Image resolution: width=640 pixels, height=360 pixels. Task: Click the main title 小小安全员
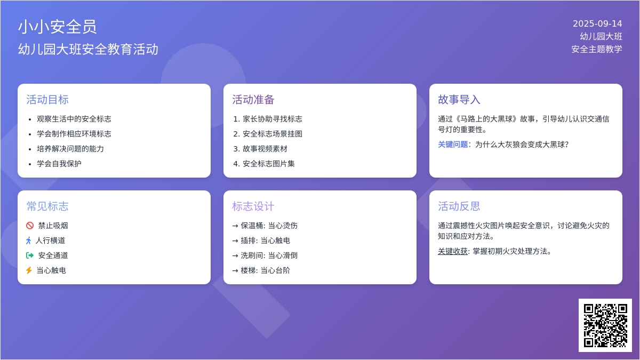[58, 27]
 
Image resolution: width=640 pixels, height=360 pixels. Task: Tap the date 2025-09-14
[597, 23]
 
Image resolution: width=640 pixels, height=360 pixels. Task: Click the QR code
[605, 325]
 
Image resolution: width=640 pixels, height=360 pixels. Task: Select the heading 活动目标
[47, 100]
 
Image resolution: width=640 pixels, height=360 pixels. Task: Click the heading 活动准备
[253, 100]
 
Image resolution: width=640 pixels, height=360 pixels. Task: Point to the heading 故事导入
[459, 100]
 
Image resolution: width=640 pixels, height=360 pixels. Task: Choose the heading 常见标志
[47, 206]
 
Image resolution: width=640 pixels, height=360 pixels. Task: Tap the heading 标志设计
[253, 206]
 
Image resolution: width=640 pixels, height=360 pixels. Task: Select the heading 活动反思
[459, 206]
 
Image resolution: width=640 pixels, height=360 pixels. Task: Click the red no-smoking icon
[30, 226]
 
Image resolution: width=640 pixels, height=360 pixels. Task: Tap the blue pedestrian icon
[29, 241]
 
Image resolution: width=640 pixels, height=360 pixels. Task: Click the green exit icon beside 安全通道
[30, 255]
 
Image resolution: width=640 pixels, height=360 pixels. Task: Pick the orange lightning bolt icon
[29, 270]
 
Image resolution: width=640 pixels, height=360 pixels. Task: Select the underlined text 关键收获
[453, 251]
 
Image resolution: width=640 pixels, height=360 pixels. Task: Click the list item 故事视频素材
[265, 149]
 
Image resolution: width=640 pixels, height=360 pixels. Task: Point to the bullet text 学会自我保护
[59, 164]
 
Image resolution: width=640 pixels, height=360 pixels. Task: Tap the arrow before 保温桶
[235, 226]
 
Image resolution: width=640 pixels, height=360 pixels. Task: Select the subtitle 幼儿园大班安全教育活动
[88, 49]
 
